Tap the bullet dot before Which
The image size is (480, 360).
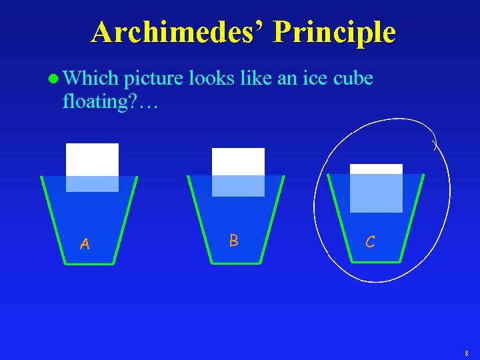tap(53, 79)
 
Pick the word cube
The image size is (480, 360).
tap(350, 79)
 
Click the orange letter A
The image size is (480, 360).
tap(85, 245)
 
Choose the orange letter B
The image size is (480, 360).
tap(233, 240)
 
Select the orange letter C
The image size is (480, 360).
tap(370, 242)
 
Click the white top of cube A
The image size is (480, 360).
tap(92, 159)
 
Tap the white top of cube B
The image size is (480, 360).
tap(238, 161)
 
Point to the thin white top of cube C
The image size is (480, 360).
tap(376, 169)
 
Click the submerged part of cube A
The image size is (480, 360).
tap(92, 183)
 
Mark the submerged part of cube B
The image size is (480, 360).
tap(238, 185)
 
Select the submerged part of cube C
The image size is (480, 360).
tap(376, 193)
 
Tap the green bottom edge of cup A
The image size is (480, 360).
tap(89, 264)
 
